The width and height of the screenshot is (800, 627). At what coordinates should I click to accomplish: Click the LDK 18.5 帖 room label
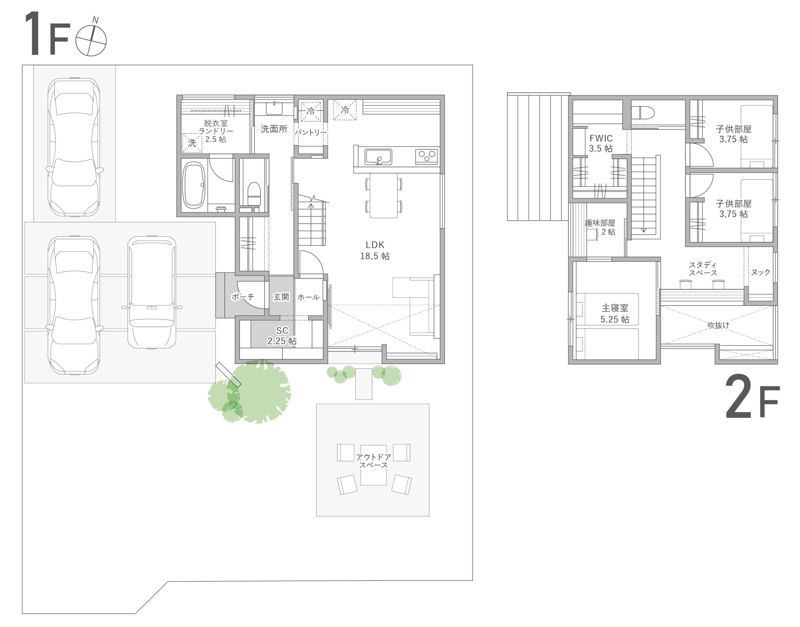[375, 250]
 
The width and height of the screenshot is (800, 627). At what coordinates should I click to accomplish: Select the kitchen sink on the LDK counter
[378, 157]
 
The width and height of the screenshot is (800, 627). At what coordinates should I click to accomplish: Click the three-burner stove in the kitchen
[426, 156]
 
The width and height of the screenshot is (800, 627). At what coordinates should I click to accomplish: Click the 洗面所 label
[274, 129]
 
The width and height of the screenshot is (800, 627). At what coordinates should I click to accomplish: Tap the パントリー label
[311, 132]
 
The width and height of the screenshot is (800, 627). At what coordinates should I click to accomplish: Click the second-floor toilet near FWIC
[643, 112]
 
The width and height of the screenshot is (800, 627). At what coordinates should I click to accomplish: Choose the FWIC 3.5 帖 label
[601, 143]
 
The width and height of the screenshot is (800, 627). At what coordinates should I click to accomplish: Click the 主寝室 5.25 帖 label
[615, 313]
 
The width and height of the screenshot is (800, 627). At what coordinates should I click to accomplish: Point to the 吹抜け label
[718, 325]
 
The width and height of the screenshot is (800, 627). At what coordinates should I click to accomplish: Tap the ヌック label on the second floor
[760, 272]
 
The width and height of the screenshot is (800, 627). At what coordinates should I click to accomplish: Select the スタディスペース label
[702, 269]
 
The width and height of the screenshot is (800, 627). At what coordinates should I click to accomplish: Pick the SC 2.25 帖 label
[282, 335]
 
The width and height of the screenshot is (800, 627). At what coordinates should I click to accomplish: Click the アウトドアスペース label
[373, 461]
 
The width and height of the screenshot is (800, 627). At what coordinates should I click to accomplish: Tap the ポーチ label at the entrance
[242, 297]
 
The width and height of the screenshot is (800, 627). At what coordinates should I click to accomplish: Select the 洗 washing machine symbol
[192, 143]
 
